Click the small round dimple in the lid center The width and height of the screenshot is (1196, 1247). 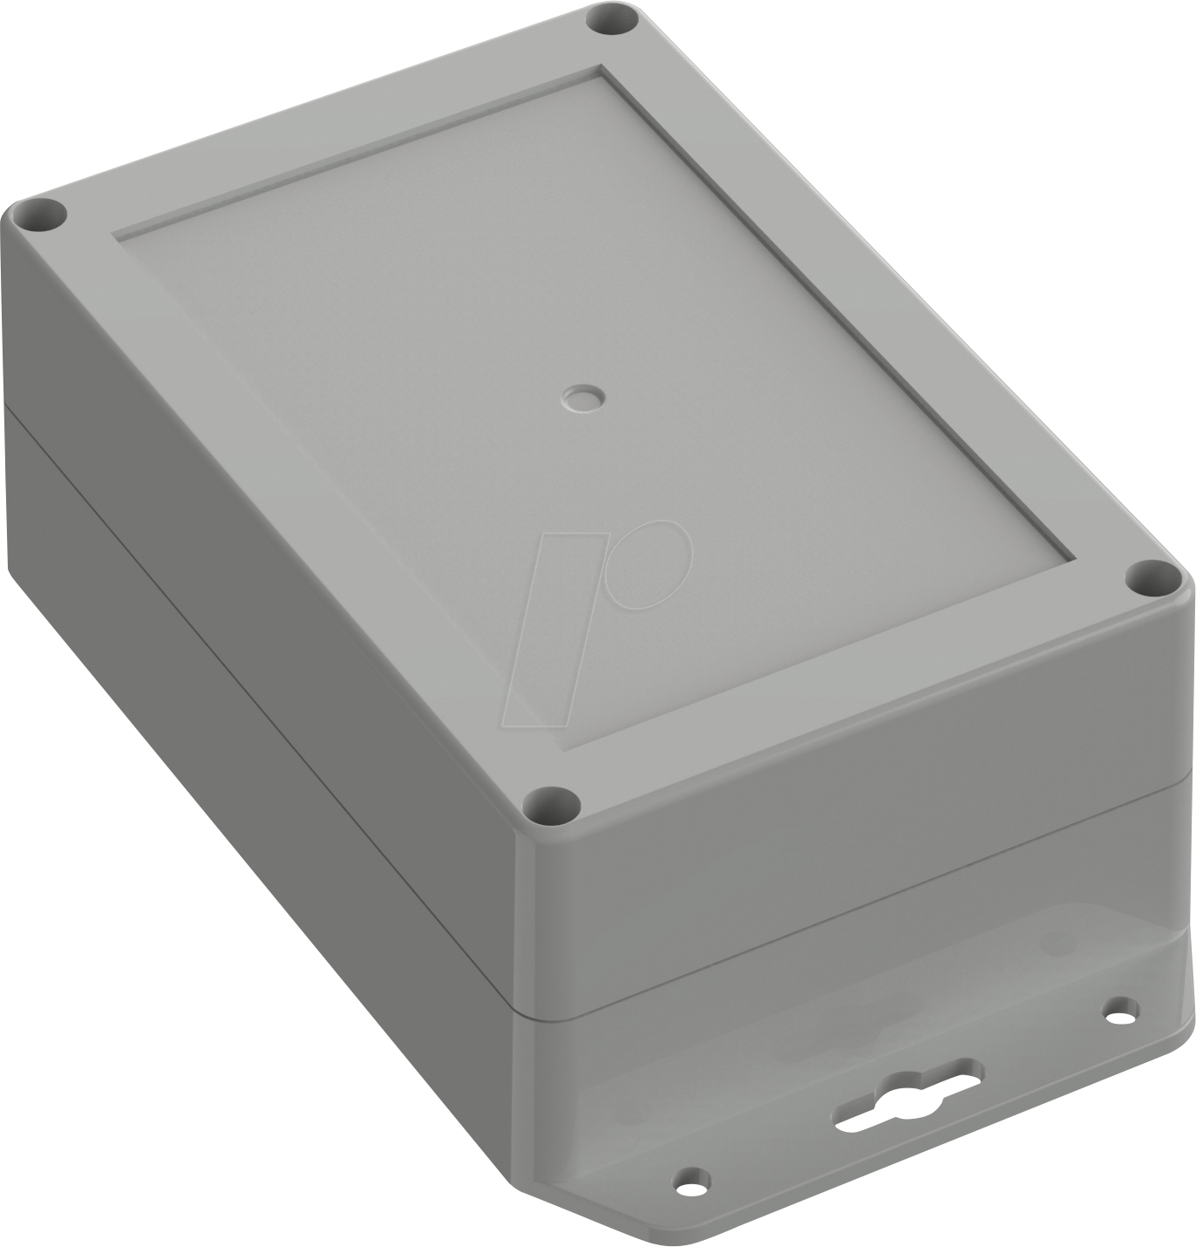pyautogui.click(x=581, y=399)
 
